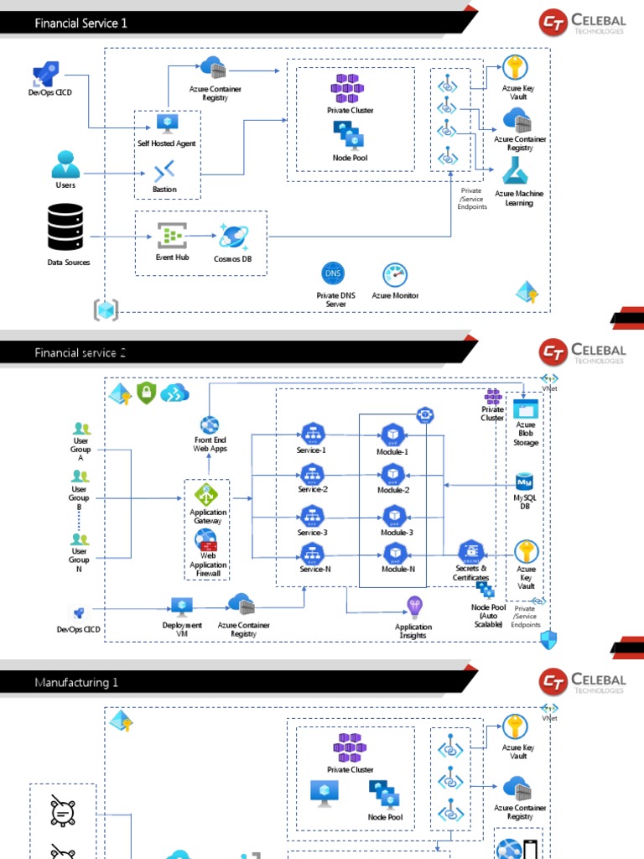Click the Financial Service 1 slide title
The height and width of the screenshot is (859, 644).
pyautogui.click(x=81, y=23)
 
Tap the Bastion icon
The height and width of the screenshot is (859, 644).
pyautogui.click(x=164, y=172)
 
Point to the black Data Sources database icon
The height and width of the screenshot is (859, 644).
pyautogui.click(x=65, y=226)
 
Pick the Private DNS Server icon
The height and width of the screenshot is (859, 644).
pyautogui.click(x=334, y=274)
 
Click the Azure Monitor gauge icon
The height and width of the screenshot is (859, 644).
pyautogui.click(x=394, y=274)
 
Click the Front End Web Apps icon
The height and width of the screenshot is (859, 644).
pyautogui.click(x=210, y=424)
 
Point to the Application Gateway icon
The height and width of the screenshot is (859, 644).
pyautogui.click(x=206, y=494)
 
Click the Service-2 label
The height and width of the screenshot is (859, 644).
pyautogui.click(x=313, y=489)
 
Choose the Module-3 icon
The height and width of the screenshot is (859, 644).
pyautogui.click(x=394, y=515)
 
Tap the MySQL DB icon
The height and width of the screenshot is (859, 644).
pyautogui.click(x=526, y=482)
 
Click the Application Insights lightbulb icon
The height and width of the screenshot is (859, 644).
pyautogui.click(x=413, y=607)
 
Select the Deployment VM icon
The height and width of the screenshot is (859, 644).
pyautogui.click(x=182, y=606)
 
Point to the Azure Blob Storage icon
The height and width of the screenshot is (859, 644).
pyautogui.click(x=526, y=410)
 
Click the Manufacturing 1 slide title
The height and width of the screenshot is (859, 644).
pyautogui.click(x=76, y=683)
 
